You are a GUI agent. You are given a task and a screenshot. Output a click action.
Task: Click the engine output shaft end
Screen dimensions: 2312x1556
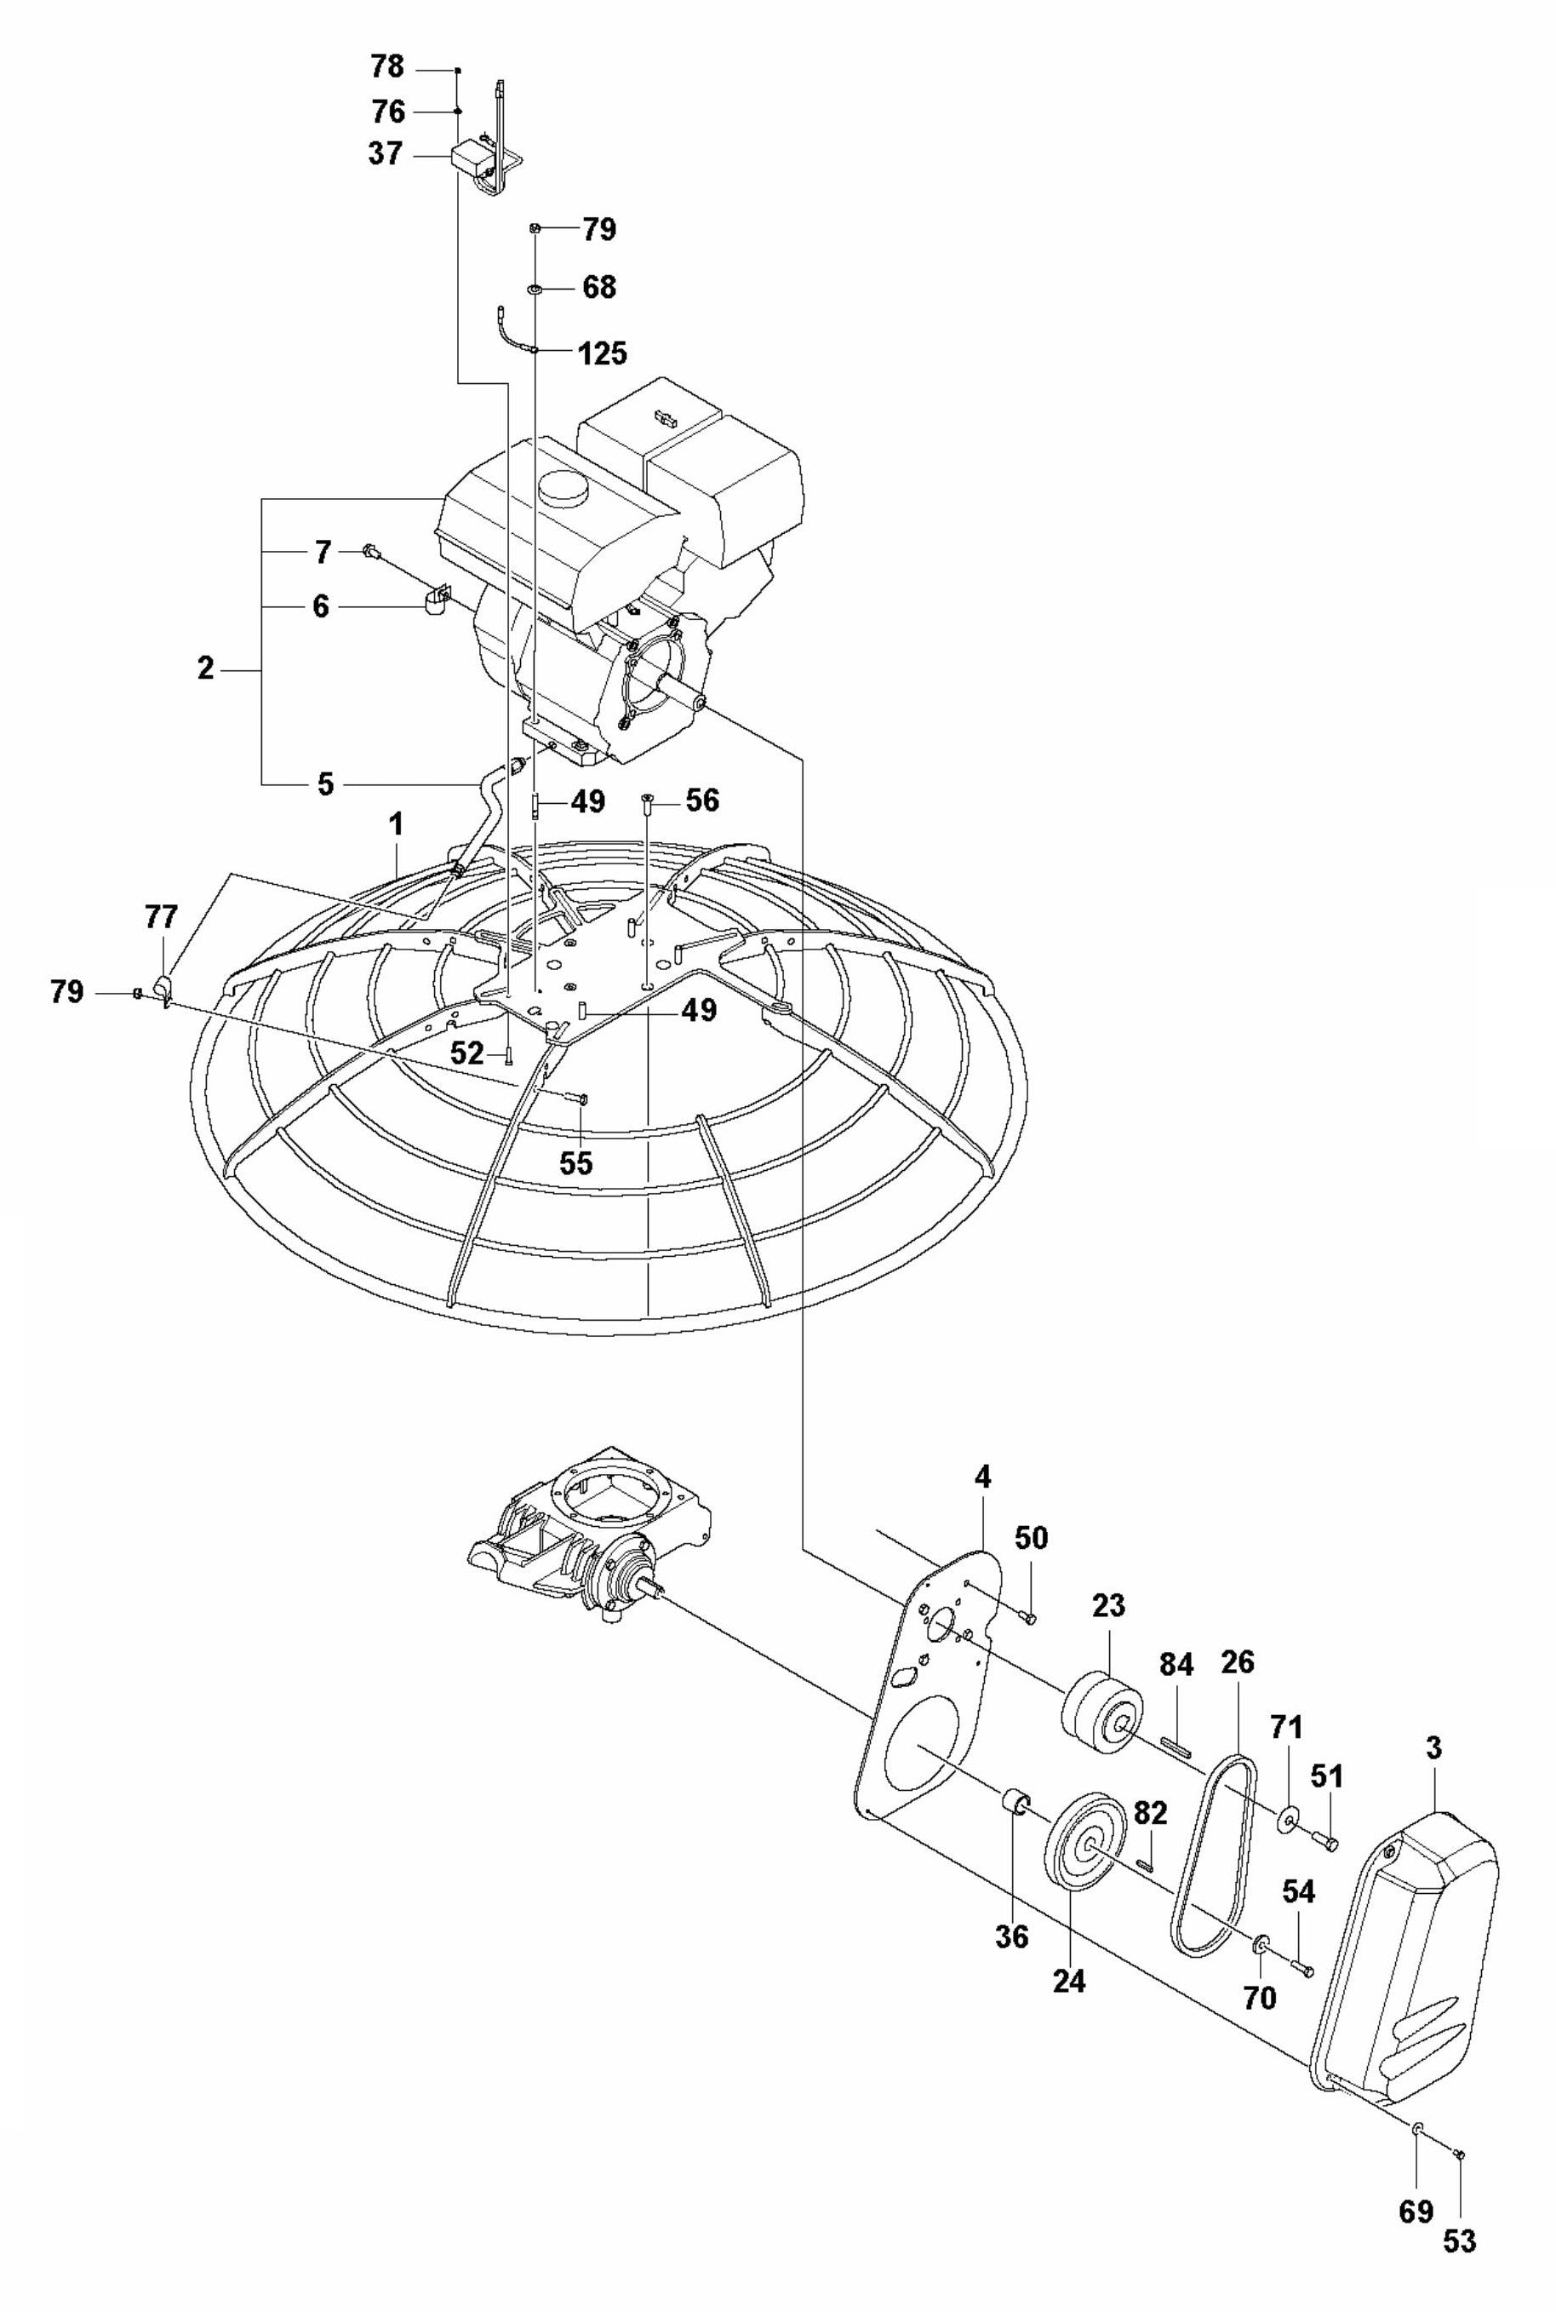pos(700,702)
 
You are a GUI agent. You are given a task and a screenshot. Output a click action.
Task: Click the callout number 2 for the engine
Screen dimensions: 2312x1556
pos(204,668)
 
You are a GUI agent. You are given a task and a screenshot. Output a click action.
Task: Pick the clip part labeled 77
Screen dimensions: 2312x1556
pos(163,987)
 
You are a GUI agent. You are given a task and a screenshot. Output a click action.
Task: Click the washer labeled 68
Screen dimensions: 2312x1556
pos(534,289)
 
